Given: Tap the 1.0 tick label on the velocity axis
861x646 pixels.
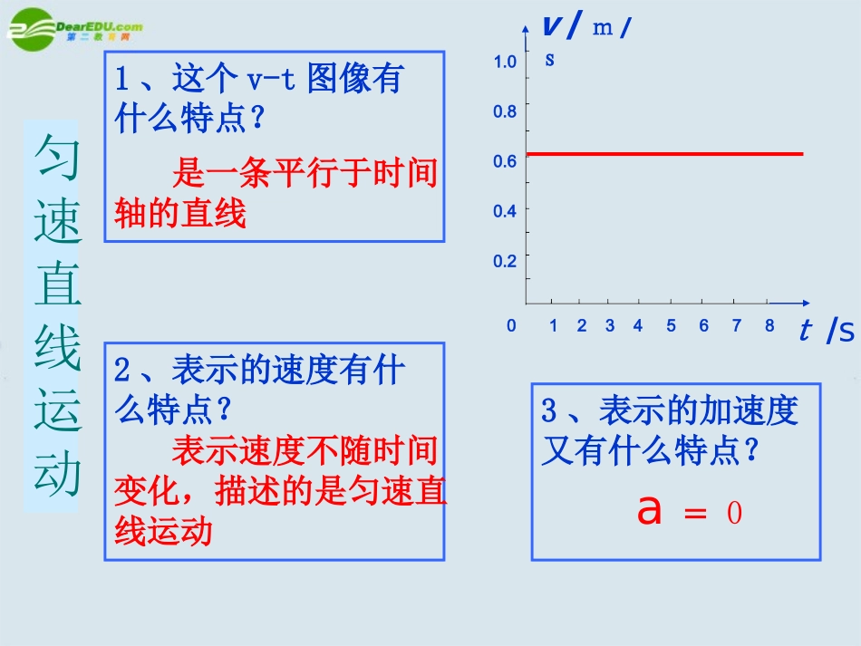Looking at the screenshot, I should click(505, 62).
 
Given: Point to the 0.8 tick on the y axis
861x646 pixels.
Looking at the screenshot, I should click(505, 111).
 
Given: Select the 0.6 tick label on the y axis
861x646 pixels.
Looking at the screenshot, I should click(505, 161).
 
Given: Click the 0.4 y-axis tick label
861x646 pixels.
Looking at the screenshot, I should click(505, 211).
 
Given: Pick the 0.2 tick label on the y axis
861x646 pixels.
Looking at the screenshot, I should click(505, 261).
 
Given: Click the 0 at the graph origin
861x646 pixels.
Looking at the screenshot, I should click(511, 326).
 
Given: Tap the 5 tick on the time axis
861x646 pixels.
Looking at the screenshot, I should click(671, 326).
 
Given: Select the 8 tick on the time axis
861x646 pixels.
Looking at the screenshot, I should click(769, 326).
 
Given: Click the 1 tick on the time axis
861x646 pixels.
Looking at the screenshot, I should click(553, 326).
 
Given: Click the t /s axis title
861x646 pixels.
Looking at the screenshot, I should click(827, 332).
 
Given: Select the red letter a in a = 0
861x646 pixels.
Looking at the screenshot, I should click(650, 510).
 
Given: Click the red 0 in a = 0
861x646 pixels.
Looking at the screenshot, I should click(734, 514).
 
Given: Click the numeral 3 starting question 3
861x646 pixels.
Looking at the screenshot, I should click(549, 410).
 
